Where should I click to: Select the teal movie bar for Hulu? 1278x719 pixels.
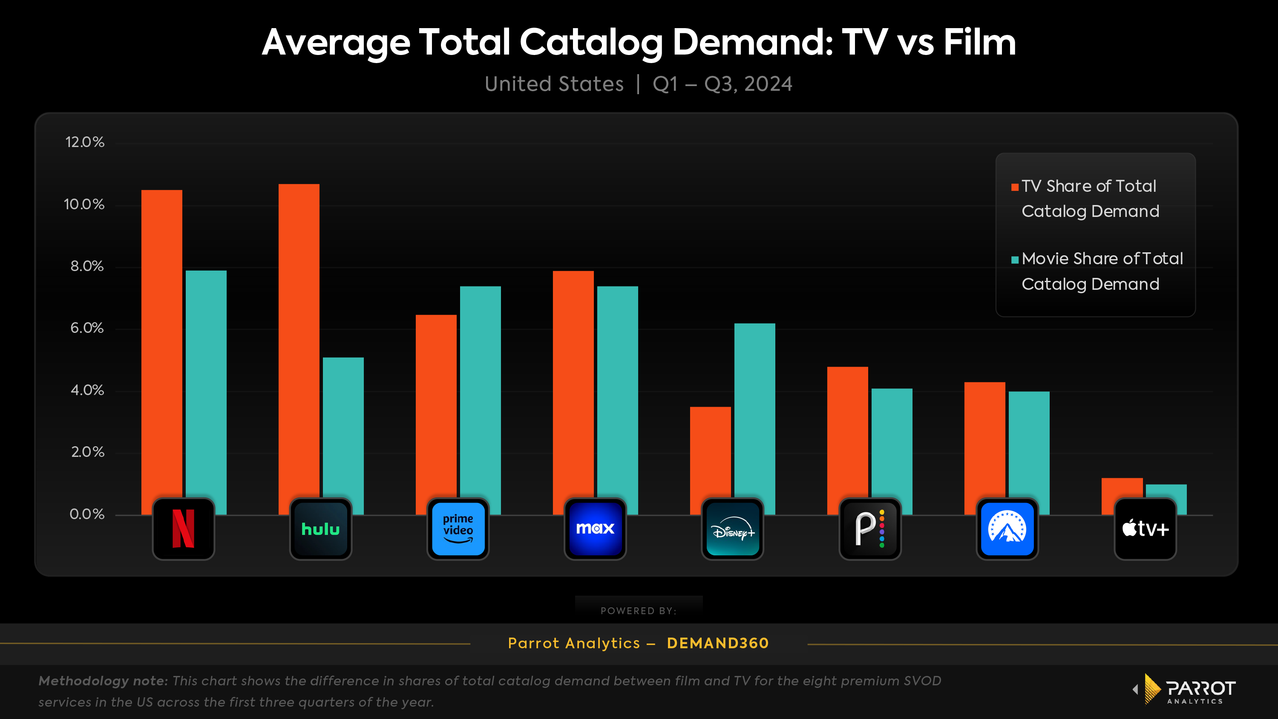343,427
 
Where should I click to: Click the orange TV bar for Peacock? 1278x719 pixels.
847,432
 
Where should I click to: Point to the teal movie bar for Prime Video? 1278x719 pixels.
480,392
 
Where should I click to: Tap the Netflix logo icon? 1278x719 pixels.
184,529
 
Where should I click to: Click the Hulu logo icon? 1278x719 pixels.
320,529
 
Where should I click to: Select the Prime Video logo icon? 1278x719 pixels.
458,529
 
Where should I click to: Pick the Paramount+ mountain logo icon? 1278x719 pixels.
1007,529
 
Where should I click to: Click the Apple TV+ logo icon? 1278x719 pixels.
1145,529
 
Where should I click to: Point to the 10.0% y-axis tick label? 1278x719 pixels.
84,205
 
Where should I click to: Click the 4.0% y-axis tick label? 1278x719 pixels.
87,390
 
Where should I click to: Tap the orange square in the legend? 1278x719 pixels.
1015,187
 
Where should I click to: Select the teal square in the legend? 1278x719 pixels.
1015,260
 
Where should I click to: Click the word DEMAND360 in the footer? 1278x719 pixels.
717,643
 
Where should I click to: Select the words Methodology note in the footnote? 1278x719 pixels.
103,681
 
